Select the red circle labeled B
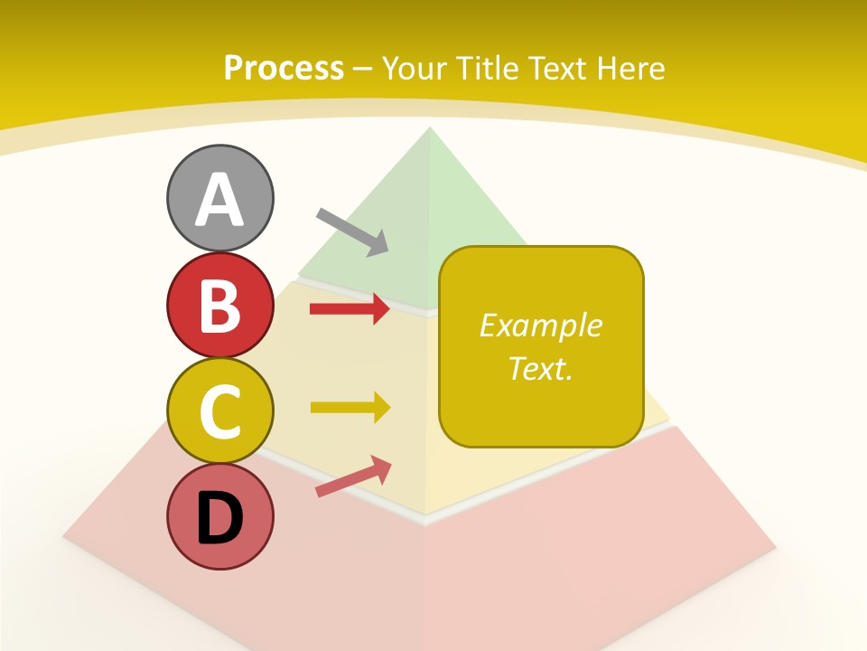(219, 305)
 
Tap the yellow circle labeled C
(219, 411)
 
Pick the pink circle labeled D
(219, 517)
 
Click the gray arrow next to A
(352, 231)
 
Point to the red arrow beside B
(350, 309)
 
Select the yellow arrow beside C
(350, 407)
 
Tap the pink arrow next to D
(353, 476)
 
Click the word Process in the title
(284, 68)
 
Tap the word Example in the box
(540, 325)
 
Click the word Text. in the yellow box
(540, 368)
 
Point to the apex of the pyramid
(429, 129)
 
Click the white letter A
(219, 199)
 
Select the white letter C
(219, 412)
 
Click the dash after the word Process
(362, 69)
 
